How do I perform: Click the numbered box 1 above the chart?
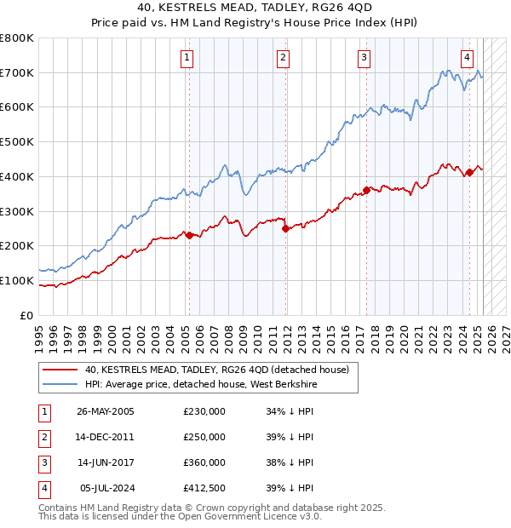click(x=187, y=58)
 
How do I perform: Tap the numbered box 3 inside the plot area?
click(x=364, y=58)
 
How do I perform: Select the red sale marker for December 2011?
click(x=285, y=228)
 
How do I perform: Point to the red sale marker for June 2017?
click(x=366, y=190)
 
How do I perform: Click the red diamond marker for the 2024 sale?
click(x=469, y=172)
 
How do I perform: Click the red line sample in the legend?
click(x=60, y=370)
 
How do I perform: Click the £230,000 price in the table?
click(x=204, y=411)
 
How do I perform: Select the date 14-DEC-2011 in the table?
click(x=106, y=437)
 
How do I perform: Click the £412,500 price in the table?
click(x=204, y=488)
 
